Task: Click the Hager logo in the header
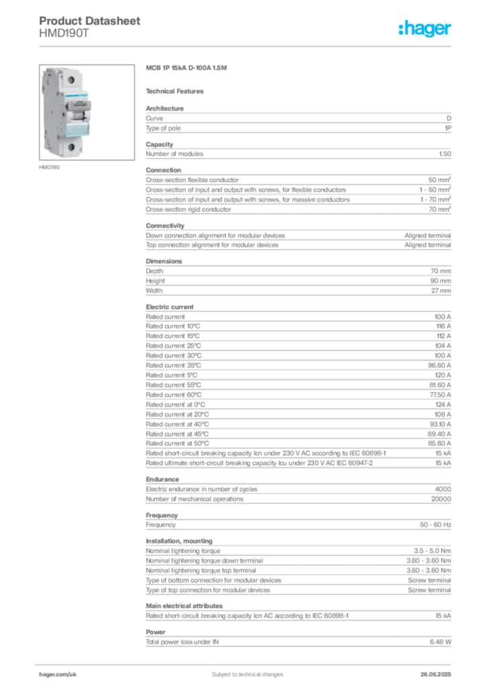(x=425, y=28)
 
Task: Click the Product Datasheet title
(x=89, y=21)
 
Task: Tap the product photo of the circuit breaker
(x=87, y=112)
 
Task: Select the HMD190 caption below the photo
(x=49, y=167)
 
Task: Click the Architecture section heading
(x=164, y=108)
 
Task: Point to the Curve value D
(x=449, y=118)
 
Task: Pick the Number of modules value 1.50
(x=445, y=154)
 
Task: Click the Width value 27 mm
(x=441, y=290)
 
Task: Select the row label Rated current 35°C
(x=174, y=365)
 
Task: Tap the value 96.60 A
(x=440, y=365)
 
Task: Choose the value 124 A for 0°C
(x=443, y=404)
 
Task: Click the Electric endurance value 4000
(x=443, y=489)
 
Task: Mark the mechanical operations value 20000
(x=441, y=499)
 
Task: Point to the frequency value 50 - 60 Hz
(x=436, y=525)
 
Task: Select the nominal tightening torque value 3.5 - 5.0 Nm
(x=432, y=551)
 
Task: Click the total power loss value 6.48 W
(x=440, y=642)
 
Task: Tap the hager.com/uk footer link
(x=58, y=675)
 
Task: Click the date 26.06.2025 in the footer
(x=436, y=675)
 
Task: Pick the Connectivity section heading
(x=164, y=226)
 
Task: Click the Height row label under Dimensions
(x=156, y=281)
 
